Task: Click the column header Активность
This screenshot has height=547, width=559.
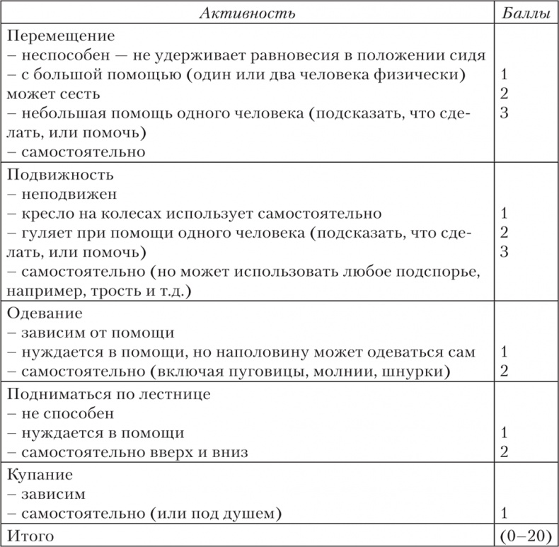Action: tap(246, 13)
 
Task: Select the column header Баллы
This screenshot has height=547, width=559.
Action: tap(526, 13)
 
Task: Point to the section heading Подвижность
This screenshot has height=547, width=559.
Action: tap(59, 174)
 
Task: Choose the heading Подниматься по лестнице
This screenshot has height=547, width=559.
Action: tap(108, 393)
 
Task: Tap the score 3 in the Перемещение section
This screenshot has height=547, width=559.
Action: tap(504, 113)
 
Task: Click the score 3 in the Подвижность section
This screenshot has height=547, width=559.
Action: tap(504, 252)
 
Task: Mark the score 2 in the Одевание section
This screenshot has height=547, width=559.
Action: tap(504, 372)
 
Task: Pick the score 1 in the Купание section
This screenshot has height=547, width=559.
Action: tap(504, 512)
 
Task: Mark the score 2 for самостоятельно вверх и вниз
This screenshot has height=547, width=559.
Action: tap(504, 452)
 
